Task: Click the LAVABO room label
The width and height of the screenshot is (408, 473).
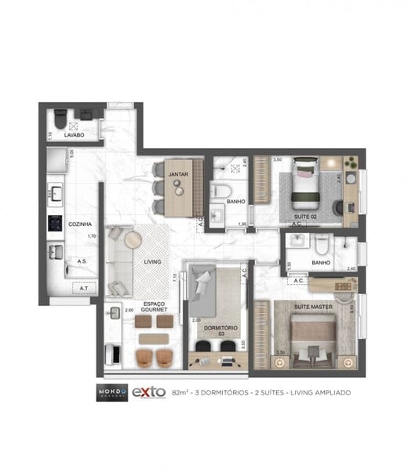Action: pos(64,135)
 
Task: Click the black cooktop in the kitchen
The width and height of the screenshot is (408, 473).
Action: pos(56,222)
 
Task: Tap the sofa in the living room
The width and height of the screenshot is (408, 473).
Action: pos(118,259)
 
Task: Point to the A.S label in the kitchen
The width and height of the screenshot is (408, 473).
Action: pos(82,260)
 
